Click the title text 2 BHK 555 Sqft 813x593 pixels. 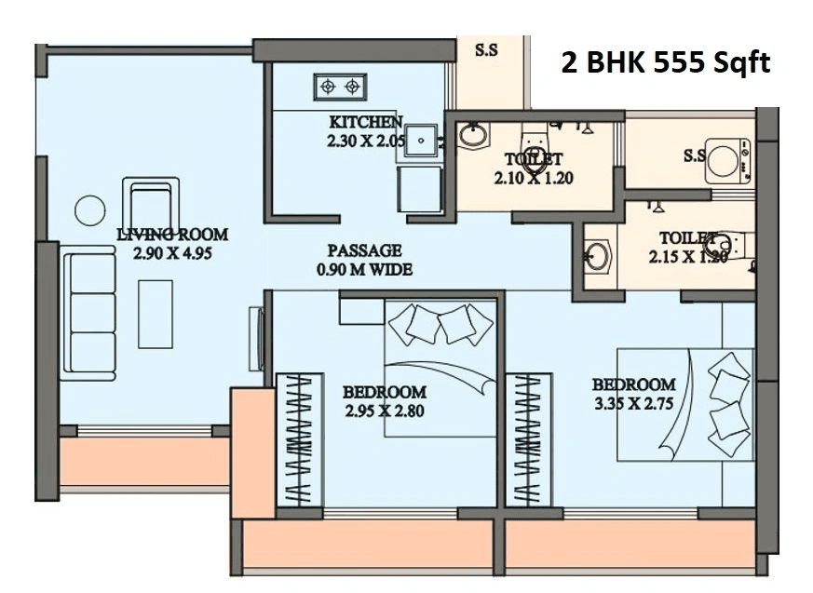click(665, 62)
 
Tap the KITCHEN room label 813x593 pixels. click(366, 122)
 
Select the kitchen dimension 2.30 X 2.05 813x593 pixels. click(366, 142)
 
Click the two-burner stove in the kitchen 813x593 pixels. click(339, 87)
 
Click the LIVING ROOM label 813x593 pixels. click(172, 235)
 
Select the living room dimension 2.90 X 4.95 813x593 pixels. click(172, 252)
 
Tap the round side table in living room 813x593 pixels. click(90, 210)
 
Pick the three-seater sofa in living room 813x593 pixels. click(89, 313)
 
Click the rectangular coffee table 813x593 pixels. click(156, 314)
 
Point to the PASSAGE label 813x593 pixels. click(364, 250)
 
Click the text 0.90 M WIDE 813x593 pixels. click(364, 270)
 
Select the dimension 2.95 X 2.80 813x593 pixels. click(384, 411)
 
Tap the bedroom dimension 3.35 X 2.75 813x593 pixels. click(633, 403)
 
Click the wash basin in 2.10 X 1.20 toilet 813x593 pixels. click(472, 136)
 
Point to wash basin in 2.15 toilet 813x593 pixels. click(597, 254)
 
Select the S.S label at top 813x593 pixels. click(486, 51)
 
